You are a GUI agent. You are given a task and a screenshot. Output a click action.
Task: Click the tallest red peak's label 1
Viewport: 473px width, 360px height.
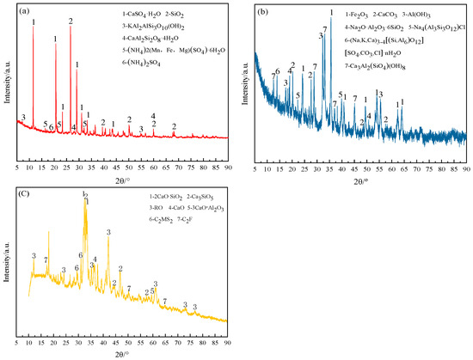(x=34, y=21)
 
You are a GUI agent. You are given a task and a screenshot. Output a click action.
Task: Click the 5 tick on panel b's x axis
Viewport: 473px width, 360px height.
(x=255, y=146)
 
